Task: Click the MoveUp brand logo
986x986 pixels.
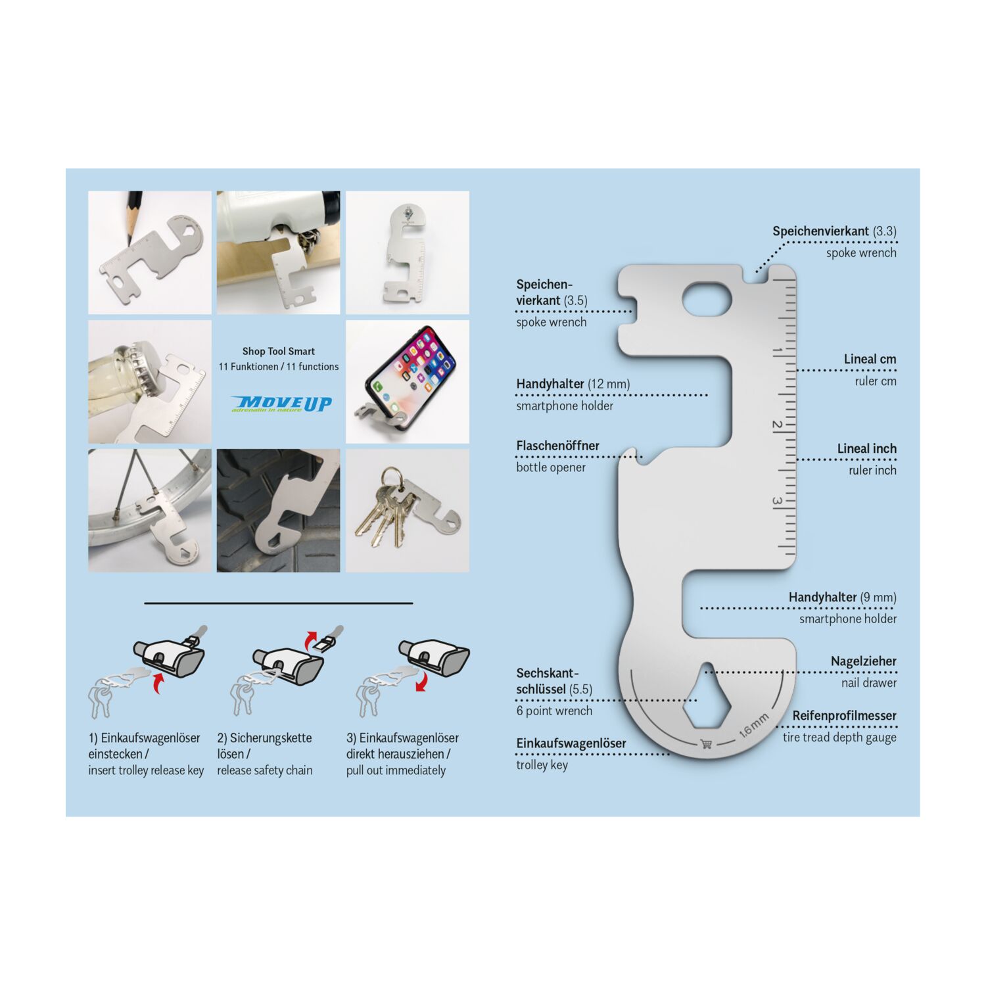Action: tap(281, 404)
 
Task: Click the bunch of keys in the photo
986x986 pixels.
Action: tap(387, 506)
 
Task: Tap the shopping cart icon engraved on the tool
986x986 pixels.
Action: tap(707, 744)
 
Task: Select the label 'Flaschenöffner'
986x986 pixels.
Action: tap(557, 446)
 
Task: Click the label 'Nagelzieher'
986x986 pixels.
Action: tap(863, 661)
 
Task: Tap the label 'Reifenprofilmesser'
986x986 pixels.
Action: tap(844, 715)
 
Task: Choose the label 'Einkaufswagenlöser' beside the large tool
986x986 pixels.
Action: tap(571, 743)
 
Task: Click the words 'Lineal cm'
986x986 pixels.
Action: tap(870, 359)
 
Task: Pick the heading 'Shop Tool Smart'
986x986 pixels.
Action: tap(279, 351)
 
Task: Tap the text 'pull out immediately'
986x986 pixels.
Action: tap(396, 770)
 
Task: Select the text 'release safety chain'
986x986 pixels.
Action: tap(265, 770)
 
